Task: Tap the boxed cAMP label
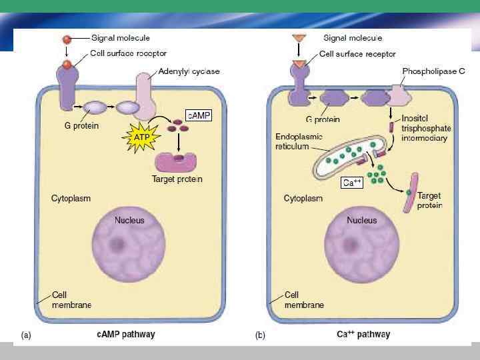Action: (198, 116)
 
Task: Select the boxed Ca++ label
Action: (351, 182)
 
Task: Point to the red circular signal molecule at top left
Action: (67, 39)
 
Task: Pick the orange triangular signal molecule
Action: (298, 39)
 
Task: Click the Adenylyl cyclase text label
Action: (189, 71)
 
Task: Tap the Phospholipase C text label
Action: (433, 71)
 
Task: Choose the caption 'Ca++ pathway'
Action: (363, 335)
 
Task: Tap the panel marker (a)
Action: (26, 335)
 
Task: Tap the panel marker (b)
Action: (261, 335)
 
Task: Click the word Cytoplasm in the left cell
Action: (71, 198)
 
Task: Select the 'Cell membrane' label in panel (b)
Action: (304, 299)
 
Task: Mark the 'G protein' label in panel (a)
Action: (81, 127)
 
